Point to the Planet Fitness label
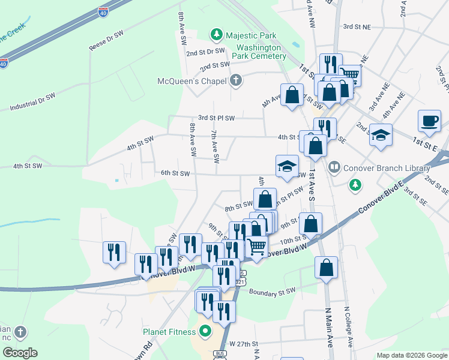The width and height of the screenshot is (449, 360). coord(169,331)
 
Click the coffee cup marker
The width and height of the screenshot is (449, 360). coord(429,121)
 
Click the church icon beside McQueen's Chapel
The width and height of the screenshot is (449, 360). coord(236,80)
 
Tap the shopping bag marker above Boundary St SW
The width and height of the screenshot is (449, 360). coord(326,269)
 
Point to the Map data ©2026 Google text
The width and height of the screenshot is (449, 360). coord(411,355)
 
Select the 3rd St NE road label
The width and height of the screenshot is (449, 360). coord(357,26)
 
